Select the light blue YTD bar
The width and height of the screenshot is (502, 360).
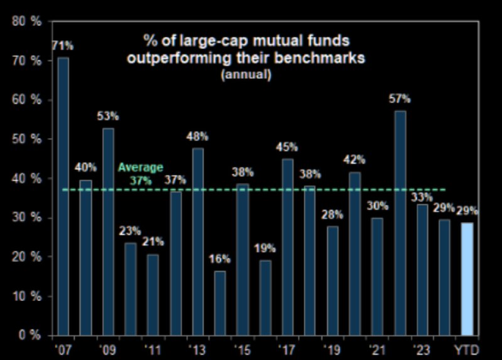pyautogui.click(x=467, y=278)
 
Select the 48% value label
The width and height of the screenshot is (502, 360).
pyautogui.click(x=197, y=135)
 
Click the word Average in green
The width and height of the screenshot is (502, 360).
pyautogui.click(x=141, y=167)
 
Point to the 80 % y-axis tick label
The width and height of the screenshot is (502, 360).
pyautogui.click(x=27, y=22)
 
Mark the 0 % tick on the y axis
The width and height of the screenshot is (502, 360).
pyautogui.click(x=29, y=336)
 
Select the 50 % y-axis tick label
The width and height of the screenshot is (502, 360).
pyautogui.click(x=27, y=139)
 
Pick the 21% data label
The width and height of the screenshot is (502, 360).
pyautogui.click(x=152, y=241)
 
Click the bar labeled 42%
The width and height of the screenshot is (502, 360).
pyautogui.click(x=355, y=253)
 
